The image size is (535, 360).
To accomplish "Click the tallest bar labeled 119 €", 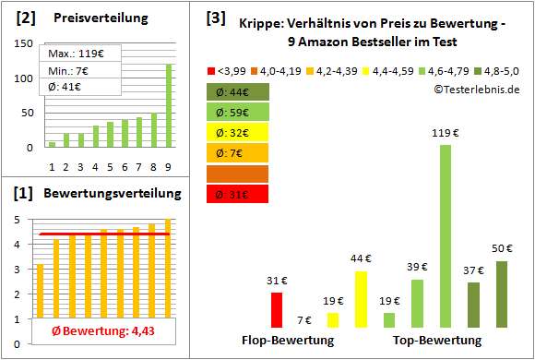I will coord(446,236).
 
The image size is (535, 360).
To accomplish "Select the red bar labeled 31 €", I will coord(277,310).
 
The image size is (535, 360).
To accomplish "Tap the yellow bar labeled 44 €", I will coord(361,299).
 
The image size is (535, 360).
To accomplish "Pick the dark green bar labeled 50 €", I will coord(501,294).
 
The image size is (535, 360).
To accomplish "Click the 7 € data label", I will coord(303,320).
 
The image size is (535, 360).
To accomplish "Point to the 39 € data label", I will coord(417,267).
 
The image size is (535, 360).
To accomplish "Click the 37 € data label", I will coord(473,270).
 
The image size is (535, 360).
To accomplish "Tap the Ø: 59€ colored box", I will coord(238,112).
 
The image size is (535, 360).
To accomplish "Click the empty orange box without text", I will coord(238,173).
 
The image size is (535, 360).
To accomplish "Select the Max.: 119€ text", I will coord(70,54).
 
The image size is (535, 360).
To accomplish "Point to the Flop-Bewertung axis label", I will coord(288,340).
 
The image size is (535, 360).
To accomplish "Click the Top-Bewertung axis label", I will coord(431,340).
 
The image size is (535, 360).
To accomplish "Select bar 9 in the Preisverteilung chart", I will coord(169,105).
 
